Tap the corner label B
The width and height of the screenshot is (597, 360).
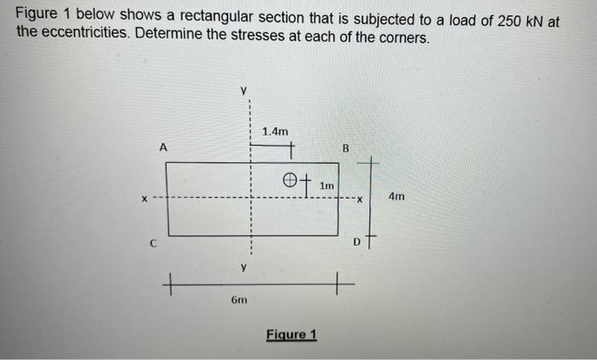(x=345, y=148)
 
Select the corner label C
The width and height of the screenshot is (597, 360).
(x=153, y=242)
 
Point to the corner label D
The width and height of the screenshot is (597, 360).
(x=357, y=242)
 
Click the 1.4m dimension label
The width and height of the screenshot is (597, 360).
(x=275, y=131)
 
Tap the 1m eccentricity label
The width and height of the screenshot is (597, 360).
(x=327, y=184)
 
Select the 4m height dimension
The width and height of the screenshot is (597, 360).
(x=397, y=197)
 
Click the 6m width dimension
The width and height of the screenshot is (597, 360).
(x=241, y=299)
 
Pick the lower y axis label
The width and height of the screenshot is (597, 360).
(x=243, y=268)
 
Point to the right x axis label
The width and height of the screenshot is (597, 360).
(x=361, y=200)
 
